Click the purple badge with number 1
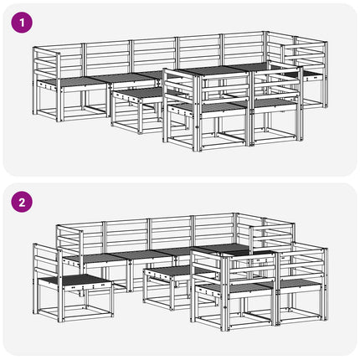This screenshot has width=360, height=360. point(22,23)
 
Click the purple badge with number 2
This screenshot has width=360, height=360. point(22,202)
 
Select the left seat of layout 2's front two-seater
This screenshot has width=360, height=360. point(233,286)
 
